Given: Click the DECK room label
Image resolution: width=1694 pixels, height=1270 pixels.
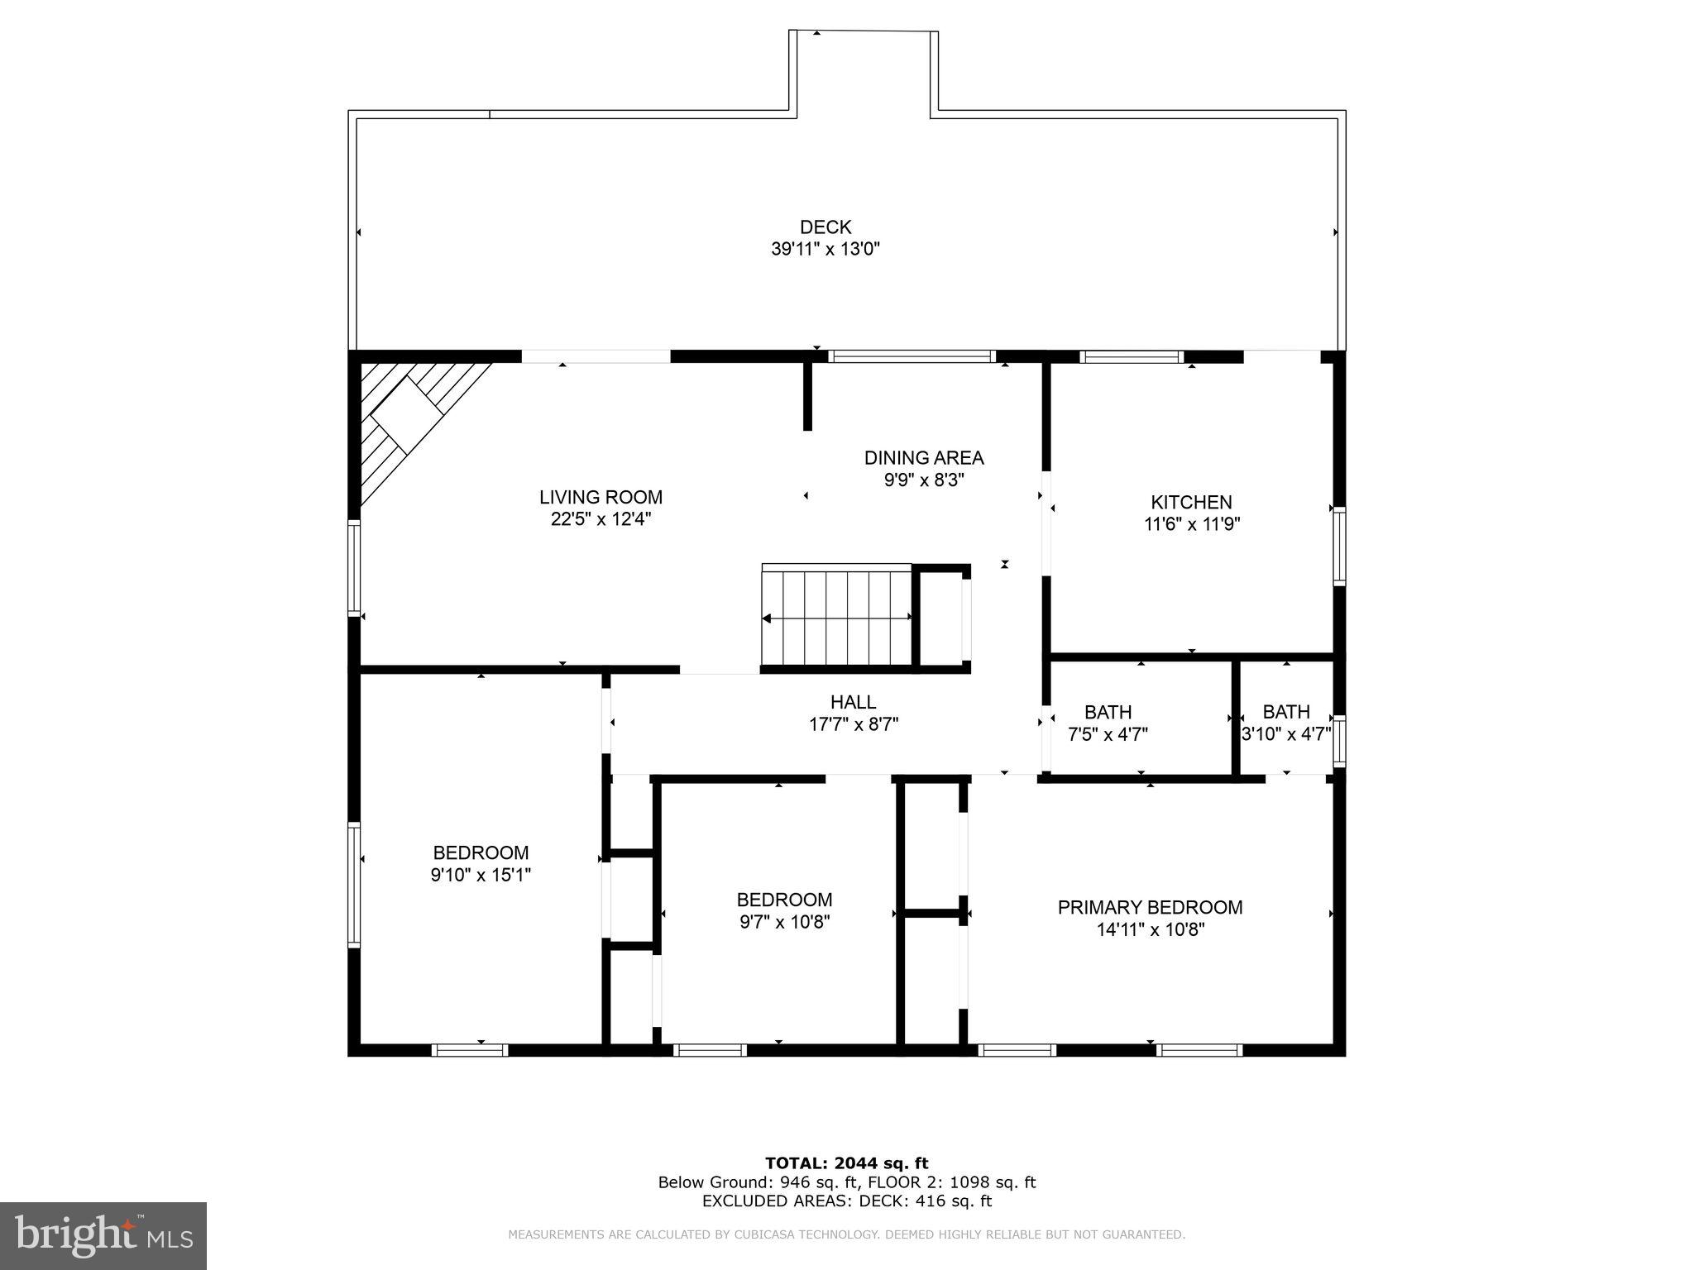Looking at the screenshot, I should click(825, 227).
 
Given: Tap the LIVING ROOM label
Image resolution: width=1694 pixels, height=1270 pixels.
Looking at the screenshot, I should click(601, 497).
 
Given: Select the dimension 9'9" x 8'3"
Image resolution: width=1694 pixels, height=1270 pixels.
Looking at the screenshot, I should click(924, 480).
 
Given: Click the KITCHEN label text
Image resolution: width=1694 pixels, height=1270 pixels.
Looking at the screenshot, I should click(1191, 502).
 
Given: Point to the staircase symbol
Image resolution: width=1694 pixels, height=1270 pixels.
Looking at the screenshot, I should click(836, 616).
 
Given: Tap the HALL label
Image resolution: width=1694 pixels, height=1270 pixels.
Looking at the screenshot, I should click(853, 702).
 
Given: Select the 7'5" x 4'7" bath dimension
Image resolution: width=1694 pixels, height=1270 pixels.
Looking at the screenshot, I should click(1108, 734).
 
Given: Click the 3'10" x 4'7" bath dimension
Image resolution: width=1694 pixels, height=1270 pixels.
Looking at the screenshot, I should click(1286, 734).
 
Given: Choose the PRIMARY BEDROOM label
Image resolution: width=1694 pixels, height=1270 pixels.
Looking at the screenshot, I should click(1150, 907).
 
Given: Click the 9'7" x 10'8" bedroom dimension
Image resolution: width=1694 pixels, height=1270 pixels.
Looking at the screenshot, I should click(784, 922).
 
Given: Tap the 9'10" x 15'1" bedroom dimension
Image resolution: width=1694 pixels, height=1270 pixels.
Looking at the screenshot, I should click(481, 875).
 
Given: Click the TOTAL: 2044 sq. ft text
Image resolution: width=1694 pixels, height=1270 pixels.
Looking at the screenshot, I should click(846, 1163).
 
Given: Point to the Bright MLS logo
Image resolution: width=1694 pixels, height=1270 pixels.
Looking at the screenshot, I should click(103, 1234).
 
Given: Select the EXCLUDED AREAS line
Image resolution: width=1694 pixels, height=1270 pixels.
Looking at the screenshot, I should click(846, 1201).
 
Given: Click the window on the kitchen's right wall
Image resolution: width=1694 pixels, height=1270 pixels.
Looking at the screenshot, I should click(1338, 547).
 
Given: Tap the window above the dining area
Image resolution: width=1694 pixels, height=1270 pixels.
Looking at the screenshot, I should click(911, 357).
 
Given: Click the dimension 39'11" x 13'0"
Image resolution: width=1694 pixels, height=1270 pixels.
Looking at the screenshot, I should click(825, 249).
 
